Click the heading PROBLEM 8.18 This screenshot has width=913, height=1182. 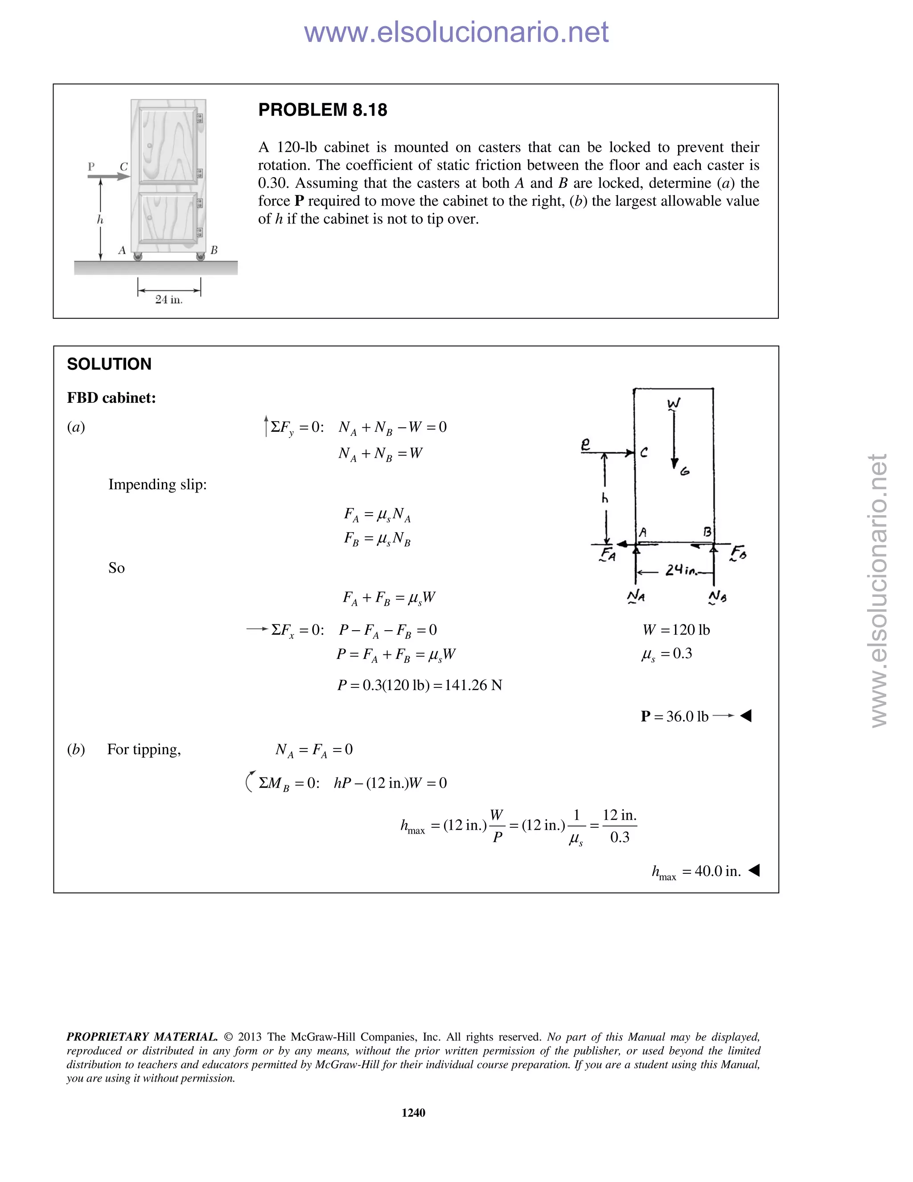[322, 110]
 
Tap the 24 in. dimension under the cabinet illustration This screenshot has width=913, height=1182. [169, 299]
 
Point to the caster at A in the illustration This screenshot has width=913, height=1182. [138, 256]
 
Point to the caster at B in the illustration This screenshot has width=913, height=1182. [201, 256]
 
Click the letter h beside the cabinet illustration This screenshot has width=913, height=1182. [100, 220]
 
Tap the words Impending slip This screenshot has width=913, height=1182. [157, 484]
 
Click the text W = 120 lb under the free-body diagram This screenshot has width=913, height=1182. [676, 630]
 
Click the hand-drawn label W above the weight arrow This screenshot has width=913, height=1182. [674, 404]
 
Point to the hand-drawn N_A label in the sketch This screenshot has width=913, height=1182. [636, 596]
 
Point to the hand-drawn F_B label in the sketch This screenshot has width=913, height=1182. [738, 553]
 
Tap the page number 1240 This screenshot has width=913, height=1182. [413, 1112]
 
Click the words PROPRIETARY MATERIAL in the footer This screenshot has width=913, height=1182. [142, 1037]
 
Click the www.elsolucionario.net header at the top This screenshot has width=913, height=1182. [456, 32]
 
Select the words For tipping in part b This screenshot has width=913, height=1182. [144, 750]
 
